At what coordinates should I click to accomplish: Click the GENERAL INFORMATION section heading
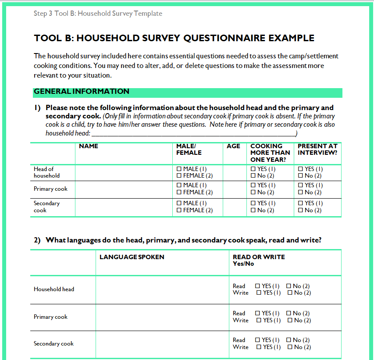pyautogui.click(x=82, y=92)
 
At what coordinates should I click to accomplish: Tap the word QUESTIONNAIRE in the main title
pyautogui.click(x=225, y=38)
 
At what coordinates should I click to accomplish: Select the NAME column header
pyautogui.click(x=89, y=146)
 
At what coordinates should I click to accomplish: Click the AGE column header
pyautogui.click(x=233, y=146)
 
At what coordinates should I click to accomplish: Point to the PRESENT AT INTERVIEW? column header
pyautogui.click(x=317, y=150)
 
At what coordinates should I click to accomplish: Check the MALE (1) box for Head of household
pyautogui.click(x=179, y=169)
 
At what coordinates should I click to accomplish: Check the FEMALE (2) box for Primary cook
pyautogui.click(x=179, y=192)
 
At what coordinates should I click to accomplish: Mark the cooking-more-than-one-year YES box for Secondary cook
pyautogui.click(x=253, y=203)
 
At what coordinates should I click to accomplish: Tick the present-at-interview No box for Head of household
pyautogui.click(x=300, y=176)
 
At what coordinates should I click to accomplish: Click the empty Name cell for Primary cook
pyautogui.click(x=125, y=189)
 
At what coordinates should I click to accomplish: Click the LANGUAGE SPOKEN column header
pyautogui.click(x=132, y=257)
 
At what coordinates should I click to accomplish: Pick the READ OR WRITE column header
pyautogui.click(x=259, y=257)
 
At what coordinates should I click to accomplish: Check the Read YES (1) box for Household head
pyautogui.click(x=257, y=286)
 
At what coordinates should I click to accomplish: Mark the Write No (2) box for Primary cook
pyautogui.click(x=290, y=321)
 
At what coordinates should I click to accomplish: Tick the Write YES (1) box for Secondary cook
pyautogui.click(x=259, y=347)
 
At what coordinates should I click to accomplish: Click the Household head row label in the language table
pyautogui.click(x=54, y=289)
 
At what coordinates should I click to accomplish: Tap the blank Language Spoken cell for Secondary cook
pyautogui.click(x=162, y=344)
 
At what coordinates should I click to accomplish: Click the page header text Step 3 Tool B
pyautogui.click(x=98, y=14)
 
